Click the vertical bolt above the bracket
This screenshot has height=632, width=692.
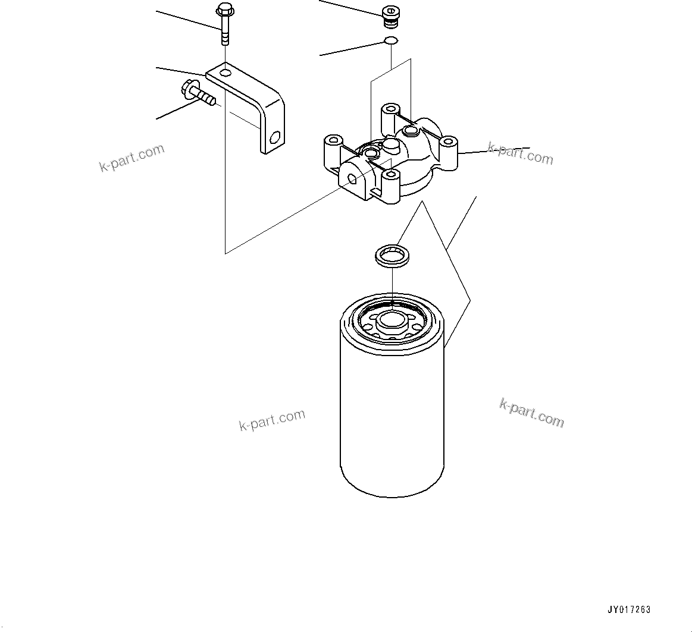(x=225, y=27)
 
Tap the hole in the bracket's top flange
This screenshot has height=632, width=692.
(x=225, y=73)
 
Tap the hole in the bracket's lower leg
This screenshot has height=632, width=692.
(x=274, y=138)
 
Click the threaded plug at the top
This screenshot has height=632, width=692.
(x=390, y=17)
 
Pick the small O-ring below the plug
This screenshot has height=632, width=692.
(x=390, y=41)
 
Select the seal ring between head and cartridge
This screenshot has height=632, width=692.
(x=390, y=256)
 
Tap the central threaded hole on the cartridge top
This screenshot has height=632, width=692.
(x=392, y=319)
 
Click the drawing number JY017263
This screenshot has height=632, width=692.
(x=629, y=609)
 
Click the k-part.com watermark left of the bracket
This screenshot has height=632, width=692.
(x=131, y=157)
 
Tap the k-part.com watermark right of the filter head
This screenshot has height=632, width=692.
(x=520, y=153)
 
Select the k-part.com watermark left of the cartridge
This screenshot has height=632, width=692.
(x=272, y=420)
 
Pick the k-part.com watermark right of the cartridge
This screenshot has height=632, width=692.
(x=531, y=413)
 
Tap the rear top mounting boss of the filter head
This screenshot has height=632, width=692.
(x=390, y=110)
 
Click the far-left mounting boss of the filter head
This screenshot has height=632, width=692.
(x=333, y=143)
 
